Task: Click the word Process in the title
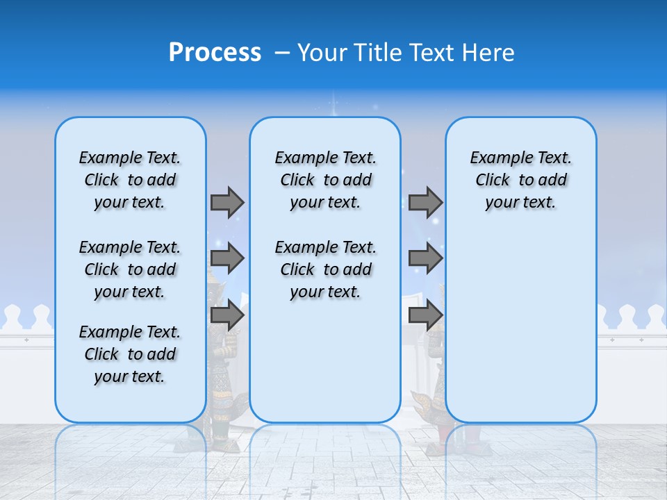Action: click(x=215, y=53)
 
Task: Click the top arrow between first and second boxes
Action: click(x=227, y=202)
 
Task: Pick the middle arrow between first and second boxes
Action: click(x=227, y=258)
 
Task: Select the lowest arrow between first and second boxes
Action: click(x=227, y=315)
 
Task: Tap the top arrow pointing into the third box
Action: click(x=425, y=202)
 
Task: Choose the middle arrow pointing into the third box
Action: click(x=425, y=258)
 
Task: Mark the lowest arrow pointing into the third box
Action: click(x=425, y=315)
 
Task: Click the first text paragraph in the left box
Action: click(x=130, y=180)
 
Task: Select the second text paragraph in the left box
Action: click(x=130, y=269)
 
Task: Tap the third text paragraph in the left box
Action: click(x=130, y=354)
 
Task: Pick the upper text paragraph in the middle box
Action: click(x=325, y=180)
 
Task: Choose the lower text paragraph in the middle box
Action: click(x=325, y=269)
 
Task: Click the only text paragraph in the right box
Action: click(x=520, y=180)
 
